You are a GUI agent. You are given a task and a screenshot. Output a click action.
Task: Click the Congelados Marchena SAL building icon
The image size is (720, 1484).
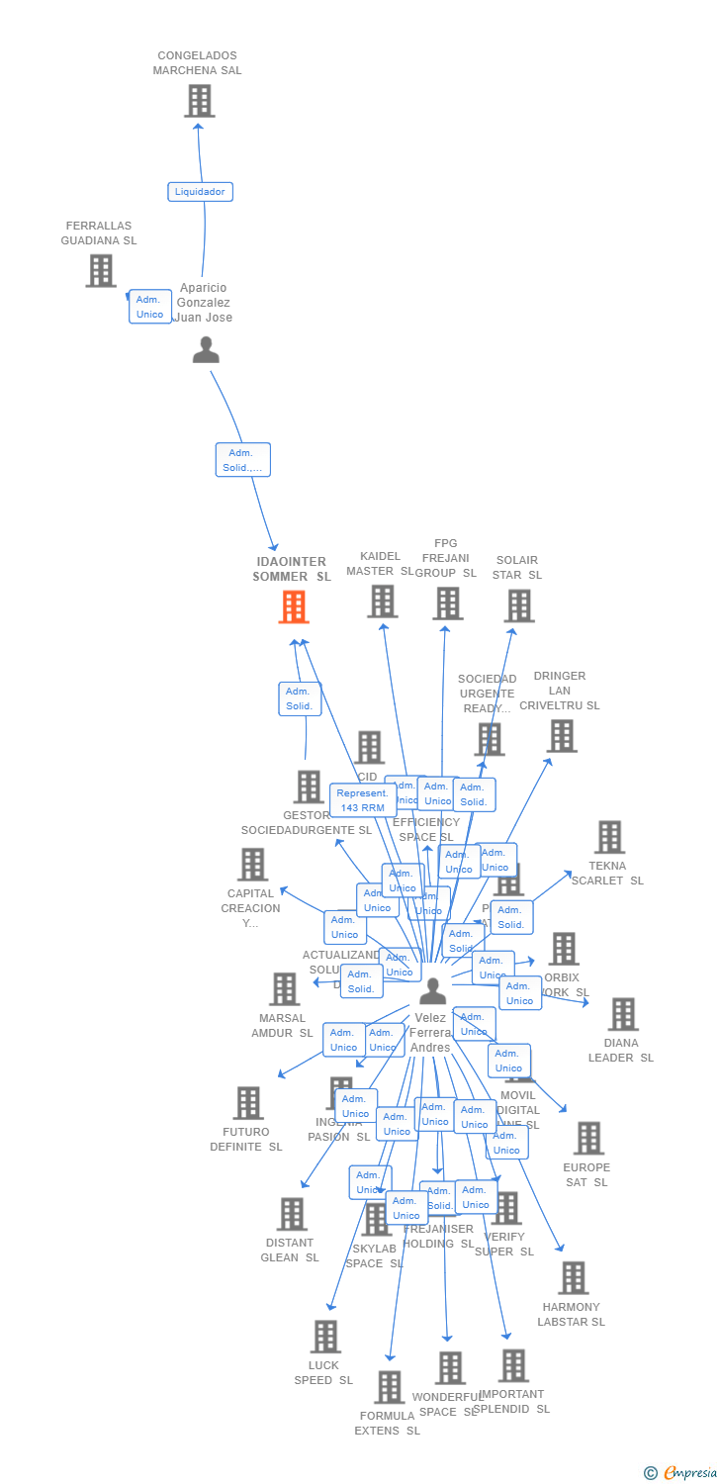pos(199,101)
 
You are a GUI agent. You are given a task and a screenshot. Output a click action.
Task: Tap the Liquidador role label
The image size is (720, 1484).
pos(200,192)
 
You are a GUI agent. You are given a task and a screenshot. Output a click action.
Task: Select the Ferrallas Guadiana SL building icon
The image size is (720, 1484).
pos(100,270)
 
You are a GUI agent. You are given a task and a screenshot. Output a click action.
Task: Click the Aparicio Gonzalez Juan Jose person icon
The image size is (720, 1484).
pos(206,350)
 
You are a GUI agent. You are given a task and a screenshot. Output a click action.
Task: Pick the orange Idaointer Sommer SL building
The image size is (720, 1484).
pos(294,606)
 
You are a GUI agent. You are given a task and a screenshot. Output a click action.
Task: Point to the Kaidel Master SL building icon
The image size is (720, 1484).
pos(382,601)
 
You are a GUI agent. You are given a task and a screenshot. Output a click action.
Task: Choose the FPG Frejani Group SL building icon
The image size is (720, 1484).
pos(447,603)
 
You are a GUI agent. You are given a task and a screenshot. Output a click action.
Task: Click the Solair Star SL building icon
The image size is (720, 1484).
pos(518,605)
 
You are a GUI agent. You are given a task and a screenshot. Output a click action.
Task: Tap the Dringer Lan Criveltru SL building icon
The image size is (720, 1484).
pos(562,736)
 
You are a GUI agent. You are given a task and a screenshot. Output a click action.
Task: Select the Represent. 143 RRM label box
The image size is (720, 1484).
pos(363,800)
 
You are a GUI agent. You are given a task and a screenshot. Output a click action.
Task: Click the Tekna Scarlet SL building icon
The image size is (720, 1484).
pos(608,837)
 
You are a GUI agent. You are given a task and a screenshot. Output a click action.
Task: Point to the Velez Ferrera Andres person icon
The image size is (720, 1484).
pos(432,990)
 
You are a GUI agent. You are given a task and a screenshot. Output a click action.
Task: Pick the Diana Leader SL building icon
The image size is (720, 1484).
pos(622,1014)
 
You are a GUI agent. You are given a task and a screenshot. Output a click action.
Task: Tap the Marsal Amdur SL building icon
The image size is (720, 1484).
pos(284,988)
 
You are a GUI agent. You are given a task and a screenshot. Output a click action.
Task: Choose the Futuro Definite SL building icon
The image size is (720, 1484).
pos(247,1103)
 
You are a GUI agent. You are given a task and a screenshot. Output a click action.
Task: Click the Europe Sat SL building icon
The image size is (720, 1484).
pos(588,1138)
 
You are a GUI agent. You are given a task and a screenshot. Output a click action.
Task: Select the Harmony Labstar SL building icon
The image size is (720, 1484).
pos(573,1277)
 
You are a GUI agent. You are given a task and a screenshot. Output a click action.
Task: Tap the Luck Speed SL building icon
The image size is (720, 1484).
pos(324,1337)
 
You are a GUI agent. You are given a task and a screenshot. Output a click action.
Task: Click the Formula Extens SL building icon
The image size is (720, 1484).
pos(389,1387)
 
